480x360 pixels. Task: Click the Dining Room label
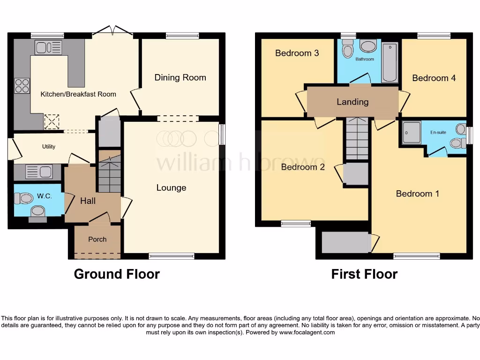point(180,78)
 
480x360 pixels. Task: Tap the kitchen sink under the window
point(48,48)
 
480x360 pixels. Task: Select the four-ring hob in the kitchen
point(22,86)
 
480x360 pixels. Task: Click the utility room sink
point(39,172)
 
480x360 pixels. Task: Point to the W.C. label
point(45,196)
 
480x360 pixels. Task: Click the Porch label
point(97,239)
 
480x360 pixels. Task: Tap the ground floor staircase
point(109,175)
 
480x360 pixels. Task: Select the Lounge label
point(171,188)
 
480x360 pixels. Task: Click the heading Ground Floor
point(117,274)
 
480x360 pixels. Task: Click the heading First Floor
point(364,274)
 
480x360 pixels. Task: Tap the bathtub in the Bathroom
point(390,62)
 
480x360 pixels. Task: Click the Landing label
point(352,102)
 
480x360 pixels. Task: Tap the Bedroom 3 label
point(297,53)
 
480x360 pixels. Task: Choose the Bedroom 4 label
point(434,78)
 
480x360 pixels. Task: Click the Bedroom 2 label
point(303,167)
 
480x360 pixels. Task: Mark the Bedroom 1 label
point(417,194)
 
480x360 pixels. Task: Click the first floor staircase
point(357,139)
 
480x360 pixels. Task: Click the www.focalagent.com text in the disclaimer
point(307,332)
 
